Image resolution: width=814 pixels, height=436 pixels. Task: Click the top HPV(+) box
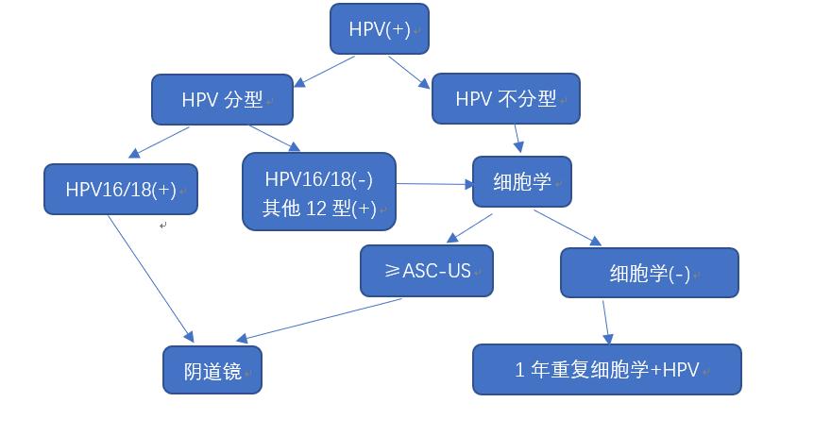(380, 29)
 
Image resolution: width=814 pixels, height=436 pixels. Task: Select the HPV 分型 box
(222, 99)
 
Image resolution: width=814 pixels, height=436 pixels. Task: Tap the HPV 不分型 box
(505, 99)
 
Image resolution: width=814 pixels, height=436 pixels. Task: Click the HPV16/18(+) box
(121, 189)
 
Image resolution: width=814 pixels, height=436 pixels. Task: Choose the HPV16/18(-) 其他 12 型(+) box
(319, 192)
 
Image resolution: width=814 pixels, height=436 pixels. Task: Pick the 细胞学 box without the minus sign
(522, 181)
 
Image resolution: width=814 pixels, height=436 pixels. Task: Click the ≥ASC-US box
(427, 271)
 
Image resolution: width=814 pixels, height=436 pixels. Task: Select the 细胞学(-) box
(649, 274)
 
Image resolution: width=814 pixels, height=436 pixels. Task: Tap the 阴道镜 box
(212, 371)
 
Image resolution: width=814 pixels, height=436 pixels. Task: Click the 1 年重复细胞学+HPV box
(606, 369)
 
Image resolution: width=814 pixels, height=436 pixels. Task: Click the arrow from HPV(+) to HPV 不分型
(407, 72)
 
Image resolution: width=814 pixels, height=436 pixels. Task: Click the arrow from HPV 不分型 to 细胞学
(518, 138)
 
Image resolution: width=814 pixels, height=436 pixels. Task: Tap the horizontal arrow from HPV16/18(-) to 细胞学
(434, 184)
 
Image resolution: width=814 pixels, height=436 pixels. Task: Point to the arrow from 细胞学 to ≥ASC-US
(468, 228)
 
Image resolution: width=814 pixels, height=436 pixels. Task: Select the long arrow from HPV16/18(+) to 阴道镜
(151, 278)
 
